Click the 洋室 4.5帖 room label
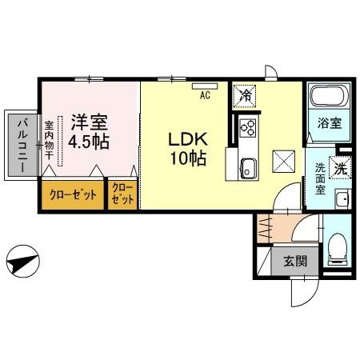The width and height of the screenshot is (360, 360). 90,133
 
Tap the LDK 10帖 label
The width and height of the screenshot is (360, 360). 186,148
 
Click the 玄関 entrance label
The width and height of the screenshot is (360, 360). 294,260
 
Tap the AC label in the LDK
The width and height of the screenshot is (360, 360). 205,95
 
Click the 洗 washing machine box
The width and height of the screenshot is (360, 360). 340,170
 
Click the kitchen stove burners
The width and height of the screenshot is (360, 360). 246,128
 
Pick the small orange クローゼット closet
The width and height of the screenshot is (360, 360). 123,194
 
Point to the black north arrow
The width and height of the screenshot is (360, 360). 23,260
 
